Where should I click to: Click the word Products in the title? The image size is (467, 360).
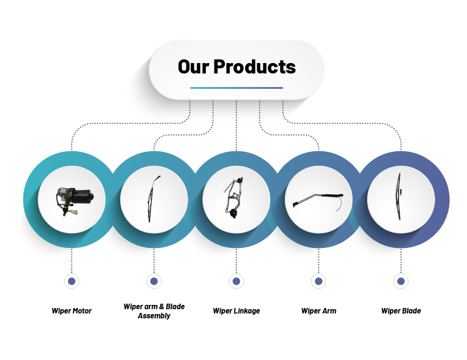tap(255, 66)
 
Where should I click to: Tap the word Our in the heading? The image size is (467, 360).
tap(193, 66)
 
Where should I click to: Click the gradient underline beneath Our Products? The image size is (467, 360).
tap(237, 88)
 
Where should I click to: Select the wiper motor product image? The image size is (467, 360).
tap(75, 200)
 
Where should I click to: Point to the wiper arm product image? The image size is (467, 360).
tap(318, 202)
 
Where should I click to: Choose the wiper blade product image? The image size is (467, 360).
tap(399, 197)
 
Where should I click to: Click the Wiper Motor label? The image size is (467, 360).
tap(72, 311)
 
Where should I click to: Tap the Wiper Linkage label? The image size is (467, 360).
tap(236, 311)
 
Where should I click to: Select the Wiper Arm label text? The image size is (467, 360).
tap(319, 311)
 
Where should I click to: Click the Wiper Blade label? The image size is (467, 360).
tap(401, 311)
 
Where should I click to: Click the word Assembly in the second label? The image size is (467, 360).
tap(154, 316)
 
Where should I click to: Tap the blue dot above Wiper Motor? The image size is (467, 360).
tap(72, 281)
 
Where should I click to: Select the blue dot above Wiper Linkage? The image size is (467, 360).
tap(236, 281)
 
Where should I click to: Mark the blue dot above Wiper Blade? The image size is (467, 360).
tap(401, 281)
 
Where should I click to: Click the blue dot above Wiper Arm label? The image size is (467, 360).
tap(319, 281)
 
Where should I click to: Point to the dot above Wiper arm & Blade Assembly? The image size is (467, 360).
tap(154, 281)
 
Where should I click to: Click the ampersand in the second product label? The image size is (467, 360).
tap(162, 307)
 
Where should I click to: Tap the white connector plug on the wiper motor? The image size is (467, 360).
tap(74, 212)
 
